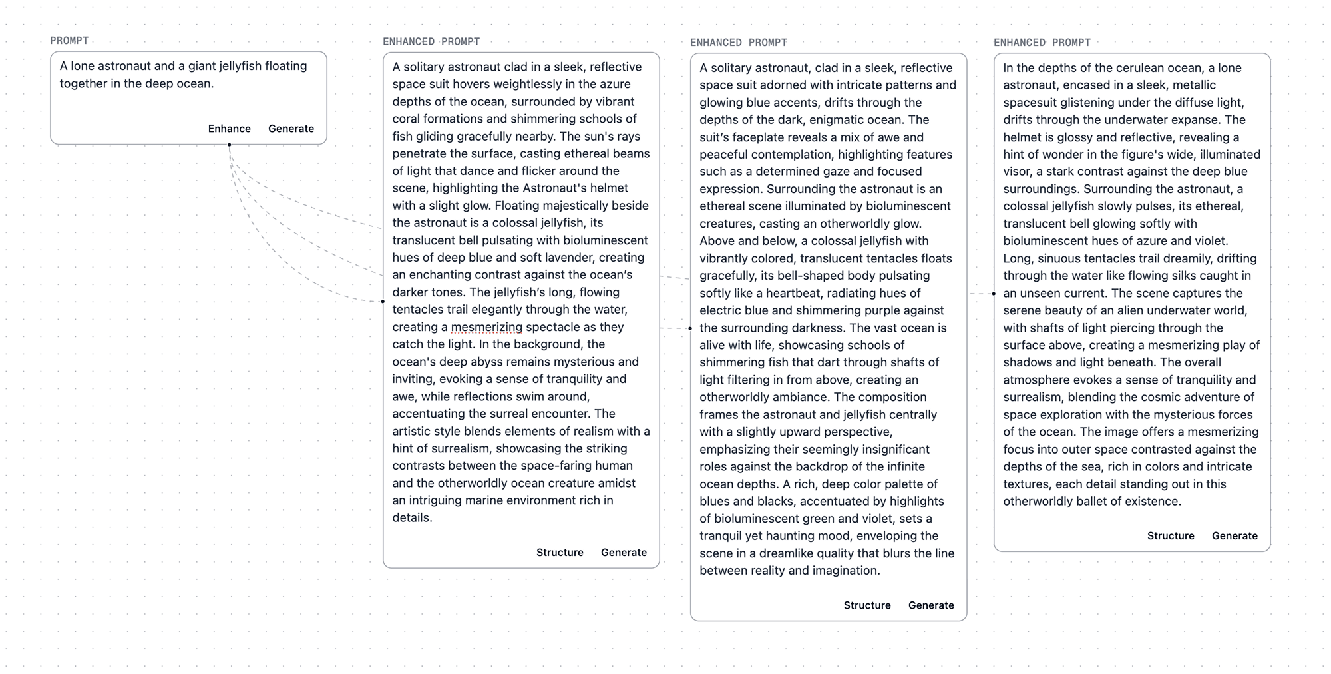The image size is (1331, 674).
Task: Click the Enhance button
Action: (229, 129)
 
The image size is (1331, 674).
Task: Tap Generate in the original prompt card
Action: (291, 129)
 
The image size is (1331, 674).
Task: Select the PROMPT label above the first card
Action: (69, 41)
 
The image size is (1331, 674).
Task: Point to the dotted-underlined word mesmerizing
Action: (486, 327)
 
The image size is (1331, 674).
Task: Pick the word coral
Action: (407, 119)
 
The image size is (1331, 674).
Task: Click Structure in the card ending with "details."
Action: (560, 553)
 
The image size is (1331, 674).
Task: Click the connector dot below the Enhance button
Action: (230, 145)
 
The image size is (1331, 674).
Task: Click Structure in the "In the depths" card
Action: (1171, 536)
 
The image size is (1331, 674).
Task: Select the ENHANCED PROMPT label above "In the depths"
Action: (1042, 43)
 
